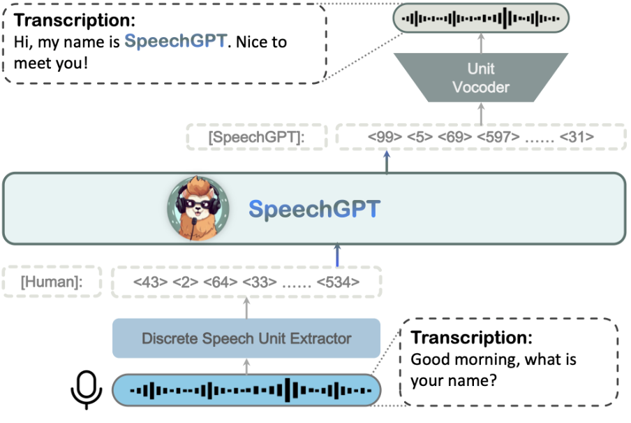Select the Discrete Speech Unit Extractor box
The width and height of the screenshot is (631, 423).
point(246,338)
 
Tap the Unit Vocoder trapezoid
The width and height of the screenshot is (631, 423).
point(481,78)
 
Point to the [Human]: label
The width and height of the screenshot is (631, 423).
point(52,282)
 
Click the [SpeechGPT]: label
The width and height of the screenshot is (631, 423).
point(257,138)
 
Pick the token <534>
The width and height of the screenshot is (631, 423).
point(339,282)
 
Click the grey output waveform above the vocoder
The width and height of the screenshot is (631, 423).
point(481,17)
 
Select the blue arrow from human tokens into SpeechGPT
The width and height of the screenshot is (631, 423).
point(338,255)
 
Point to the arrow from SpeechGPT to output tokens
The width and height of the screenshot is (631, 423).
point(386,162)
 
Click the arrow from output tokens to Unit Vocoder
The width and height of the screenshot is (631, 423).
point(481,113)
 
